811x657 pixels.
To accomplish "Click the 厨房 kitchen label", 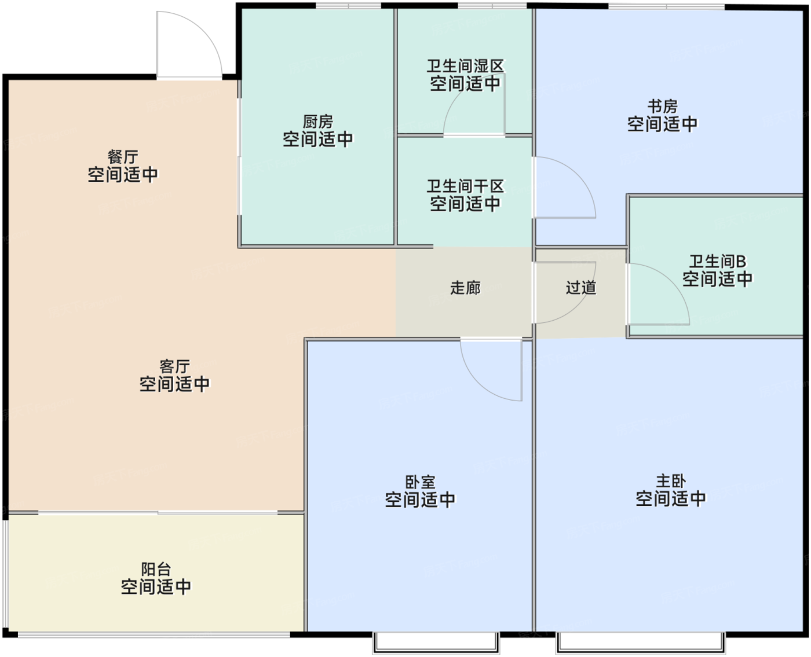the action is [x=317, y=122].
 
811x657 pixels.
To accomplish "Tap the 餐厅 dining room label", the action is [x=123, y=157].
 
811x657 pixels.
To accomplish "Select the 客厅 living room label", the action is [x=174, y=367].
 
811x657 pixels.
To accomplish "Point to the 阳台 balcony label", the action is [x=156, y=570].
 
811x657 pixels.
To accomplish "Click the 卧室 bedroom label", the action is [x=420, y=482].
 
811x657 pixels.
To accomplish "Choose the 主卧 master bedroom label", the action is [x=671, y=481].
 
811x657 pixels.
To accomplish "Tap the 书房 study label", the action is [x=663, y=107].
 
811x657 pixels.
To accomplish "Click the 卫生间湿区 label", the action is [x=465, y=66].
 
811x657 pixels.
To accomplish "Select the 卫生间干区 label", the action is [x=465, y=186].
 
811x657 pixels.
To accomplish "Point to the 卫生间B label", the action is [x=717, y=262].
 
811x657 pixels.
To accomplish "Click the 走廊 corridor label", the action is [x=465, y=288].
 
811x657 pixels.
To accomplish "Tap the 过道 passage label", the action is [x=580, y=288].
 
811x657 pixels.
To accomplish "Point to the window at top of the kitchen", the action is [x=348, y=5].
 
